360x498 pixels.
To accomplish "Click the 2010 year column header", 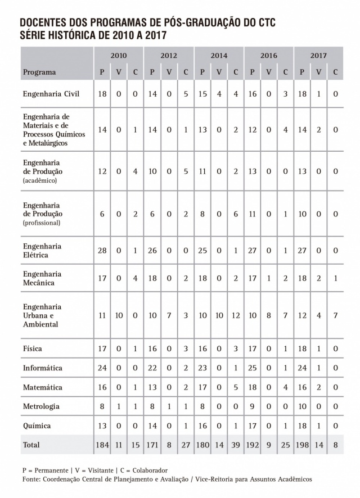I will pyautogui.click(x=119, y=56).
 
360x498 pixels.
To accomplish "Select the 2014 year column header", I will pyautogui.click(x=219, y=56).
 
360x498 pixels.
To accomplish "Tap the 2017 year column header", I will pyautogui.click(x=318, y=56).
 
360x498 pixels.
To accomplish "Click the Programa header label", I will pyautogui.click(x=39, y=72).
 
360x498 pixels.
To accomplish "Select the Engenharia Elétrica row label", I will pyautogui.click(x=42, y=251).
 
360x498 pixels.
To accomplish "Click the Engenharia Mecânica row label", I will pyautogui.click(x=42, y=278).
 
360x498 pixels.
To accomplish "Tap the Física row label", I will pyautogui.click(x=33, y=349).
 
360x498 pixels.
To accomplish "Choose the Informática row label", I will pyautogui.click(x=42, y=368).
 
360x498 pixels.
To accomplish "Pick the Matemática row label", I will pyautogui.click(x=42, y=387).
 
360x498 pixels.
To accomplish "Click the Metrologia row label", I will pyautogui.click(x=41, y=406).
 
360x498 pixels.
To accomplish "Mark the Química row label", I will pyautogui.click(x=37, y=425).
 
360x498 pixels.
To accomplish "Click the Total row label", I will pyautogui.click(x=31, y=445).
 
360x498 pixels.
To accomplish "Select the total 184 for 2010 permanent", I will pyautogui.click(x=102, y=445).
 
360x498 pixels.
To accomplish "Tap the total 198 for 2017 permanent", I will pyautogui.click(x=302, y=445).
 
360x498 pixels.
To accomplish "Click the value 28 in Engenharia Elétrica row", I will pyautogui.click(x=102, y=251).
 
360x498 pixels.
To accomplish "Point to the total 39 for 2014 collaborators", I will pyautogui.click(x=236, y=445).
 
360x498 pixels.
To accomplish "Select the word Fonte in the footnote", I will pyautogui.click(x=31, y=479).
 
